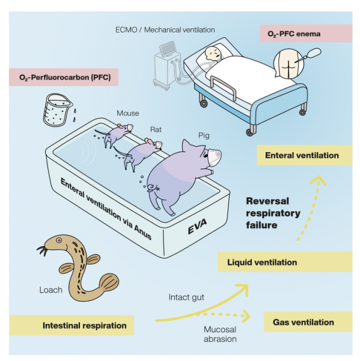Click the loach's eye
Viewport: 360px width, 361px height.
pos(59,241)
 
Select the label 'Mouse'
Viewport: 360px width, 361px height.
pos(128,113)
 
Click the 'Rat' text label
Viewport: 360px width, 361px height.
pos(156,129)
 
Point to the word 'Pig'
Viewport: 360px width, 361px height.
pos(204,135)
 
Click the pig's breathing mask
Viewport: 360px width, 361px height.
pos(215,157)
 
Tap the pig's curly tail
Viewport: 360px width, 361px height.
pos(151,187)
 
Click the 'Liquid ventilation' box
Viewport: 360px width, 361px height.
pos(285,262)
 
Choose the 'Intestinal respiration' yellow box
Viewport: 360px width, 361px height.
pos(72,326)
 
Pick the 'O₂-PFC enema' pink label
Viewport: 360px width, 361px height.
pos(306,34)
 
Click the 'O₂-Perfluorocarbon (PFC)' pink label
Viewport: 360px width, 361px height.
pos(64,77)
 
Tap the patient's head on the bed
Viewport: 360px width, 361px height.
pos(212,54)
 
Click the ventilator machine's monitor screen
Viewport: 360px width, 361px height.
pos(168,49)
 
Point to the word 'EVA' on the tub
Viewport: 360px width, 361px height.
pos(197,226)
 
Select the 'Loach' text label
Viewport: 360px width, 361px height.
pos(51,290)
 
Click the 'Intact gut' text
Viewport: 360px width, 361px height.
pos(186,297)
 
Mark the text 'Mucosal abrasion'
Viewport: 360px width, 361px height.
pos(220,334)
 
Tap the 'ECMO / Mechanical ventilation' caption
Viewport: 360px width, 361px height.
pos(165,30)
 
